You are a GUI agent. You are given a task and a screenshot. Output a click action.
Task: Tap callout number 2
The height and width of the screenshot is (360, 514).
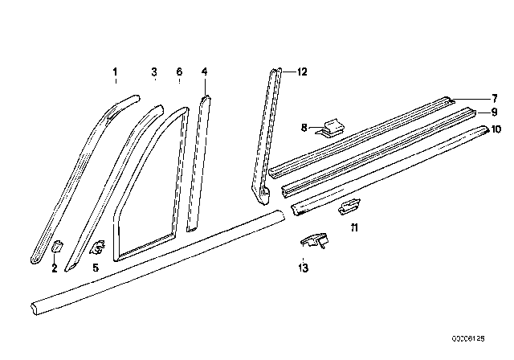(x=55, y=268)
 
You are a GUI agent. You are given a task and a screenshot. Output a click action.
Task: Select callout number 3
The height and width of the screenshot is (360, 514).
(x=153, y=72)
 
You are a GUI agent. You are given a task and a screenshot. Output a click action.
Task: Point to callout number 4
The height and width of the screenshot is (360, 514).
(x=205, y=72)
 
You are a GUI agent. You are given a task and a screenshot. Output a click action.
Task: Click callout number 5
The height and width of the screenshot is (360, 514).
(x=95, y=268)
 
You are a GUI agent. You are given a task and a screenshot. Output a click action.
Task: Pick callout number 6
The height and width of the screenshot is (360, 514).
(x=179, y=72)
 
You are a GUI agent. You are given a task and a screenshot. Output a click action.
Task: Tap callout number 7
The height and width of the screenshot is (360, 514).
(x=495, y=96)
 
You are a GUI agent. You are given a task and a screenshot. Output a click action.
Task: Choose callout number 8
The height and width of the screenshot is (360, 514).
(x=304, y=126)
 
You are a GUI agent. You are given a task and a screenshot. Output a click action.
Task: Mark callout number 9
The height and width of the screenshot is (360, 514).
(x=495, y=112)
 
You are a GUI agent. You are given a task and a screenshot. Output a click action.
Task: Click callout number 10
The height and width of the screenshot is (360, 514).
(x=496, y=129)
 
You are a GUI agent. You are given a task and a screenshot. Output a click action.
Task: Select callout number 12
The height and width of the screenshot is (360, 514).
(x=301, y=72)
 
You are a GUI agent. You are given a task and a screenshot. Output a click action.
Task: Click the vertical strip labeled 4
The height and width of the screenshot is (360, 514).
(x=197, y=161)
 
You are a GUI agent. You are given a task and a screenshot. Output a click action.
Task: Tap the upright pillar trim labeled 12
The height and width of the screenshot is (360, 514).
(x=269, y=129)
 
